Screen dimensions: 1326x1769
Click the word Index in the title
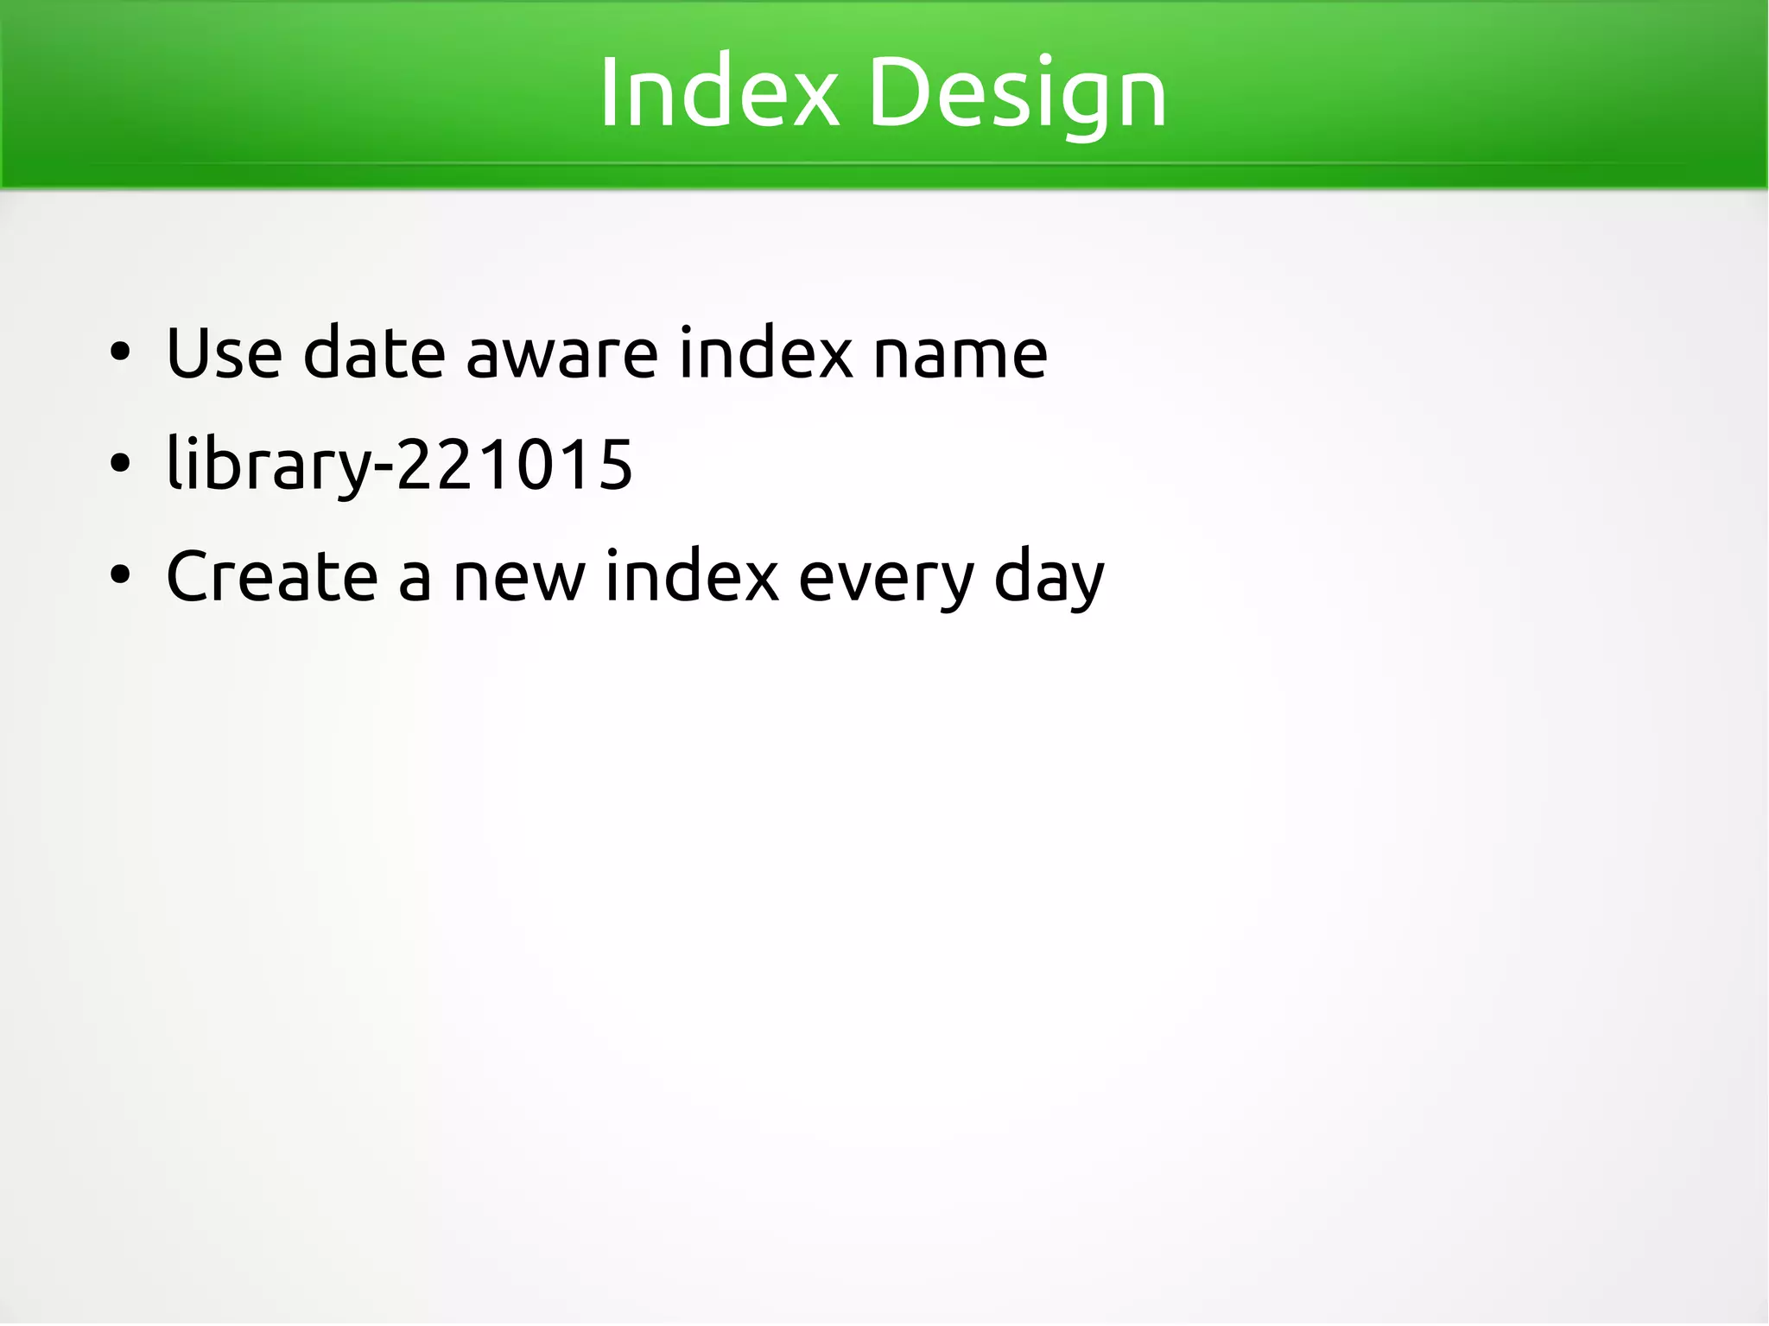point(719,92)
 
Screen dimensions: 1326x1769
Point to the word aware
point(561,354)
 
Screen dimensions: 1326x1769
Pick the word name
point(960,354)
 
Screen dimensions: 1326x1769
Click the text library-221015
point(399,465)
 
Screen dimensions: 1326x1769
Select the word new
point(518,578)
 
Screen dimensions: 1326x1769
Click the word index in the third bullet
point(691,576)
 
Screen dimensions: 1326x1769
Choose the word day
point(1049,578)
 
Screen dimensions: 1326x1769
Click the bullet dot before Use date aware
point(120,352)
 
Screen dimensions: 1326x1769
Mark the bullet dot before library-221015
point(120,465)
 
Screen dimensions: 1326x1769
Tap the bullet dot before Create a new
point(120,576)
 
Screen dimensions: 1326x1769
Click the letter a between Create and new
point(415,580)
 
